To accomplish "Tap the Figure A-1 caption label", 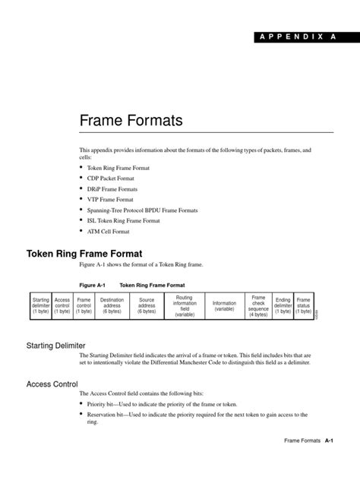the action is tap(92, 285).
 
